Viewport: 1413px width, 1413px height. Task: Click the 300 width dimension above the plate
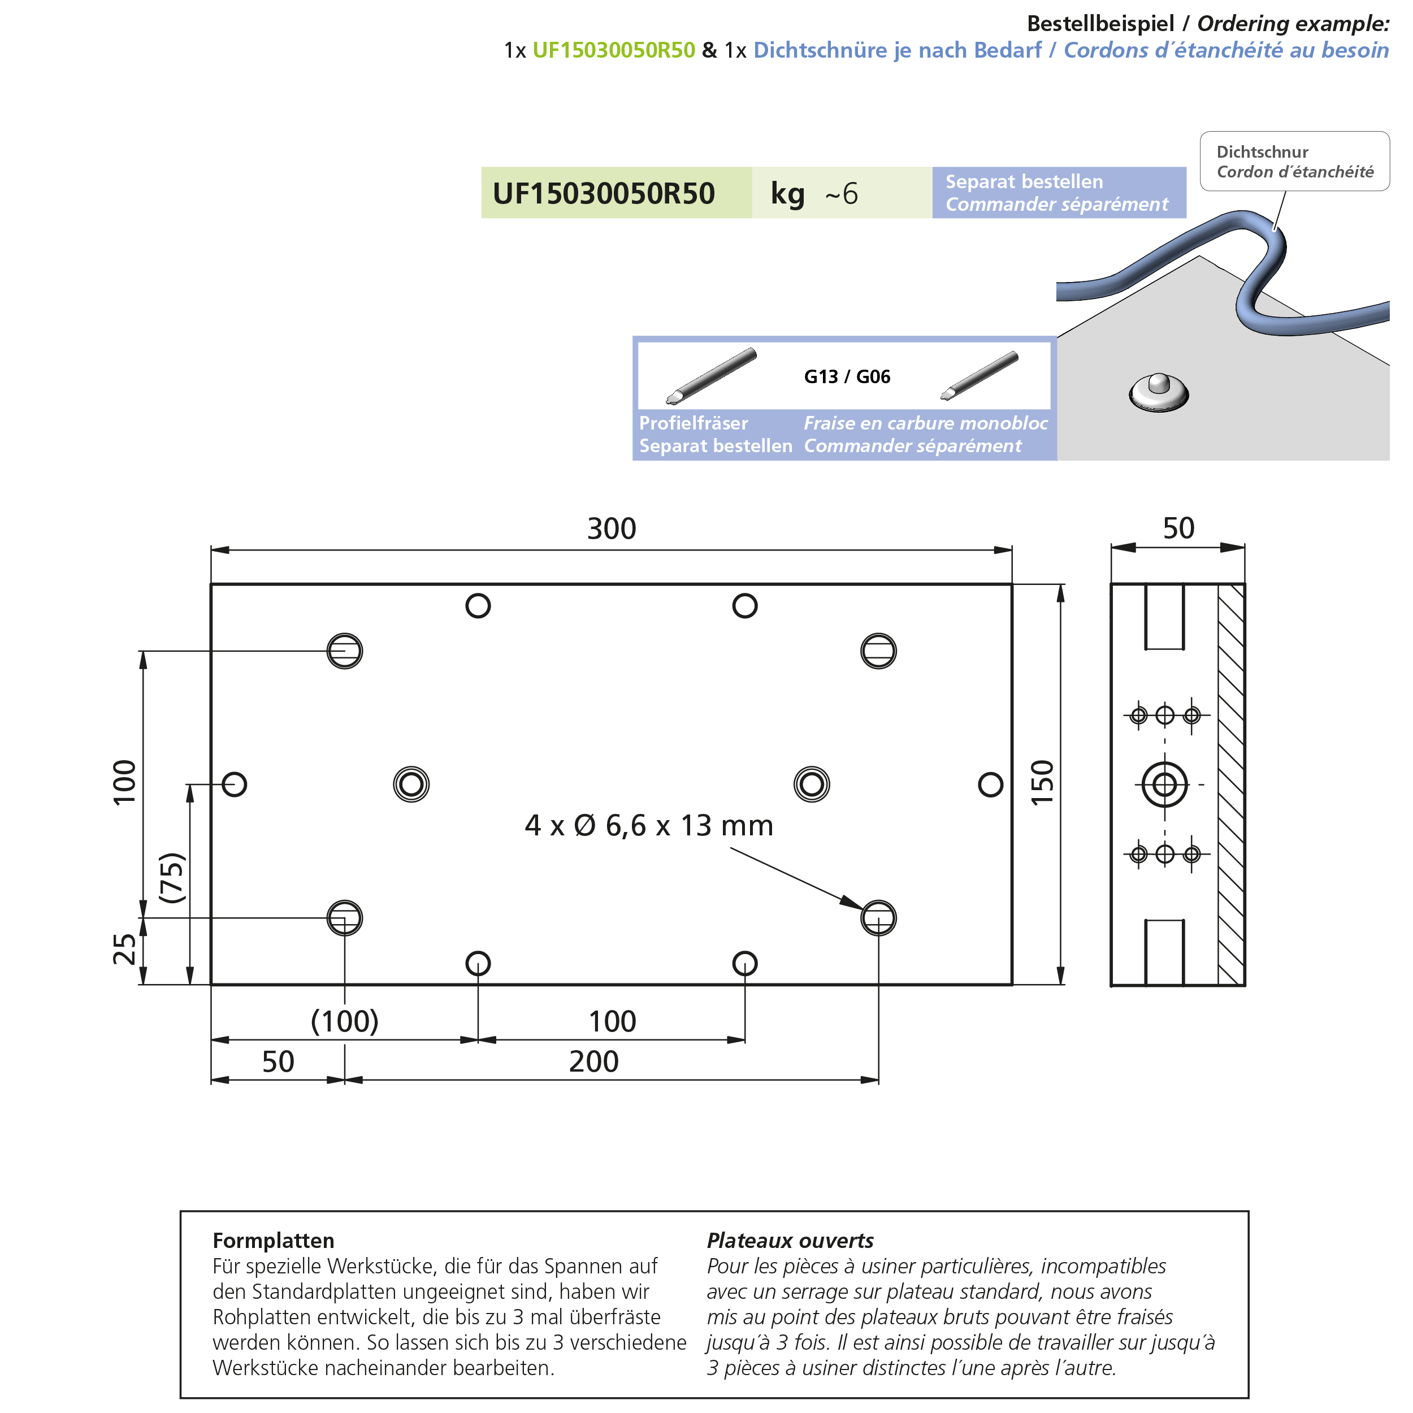coord(612,529)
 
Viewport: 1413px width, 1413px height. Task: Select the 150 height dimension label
coord(1042,783)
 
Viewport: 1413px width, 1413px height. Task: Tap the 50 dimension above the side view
coord(1178,528)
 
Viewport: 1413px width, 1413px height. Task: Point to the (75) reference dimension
coord(172,878)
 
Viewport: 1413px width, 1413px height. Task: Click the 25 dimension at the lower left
coord(124,950)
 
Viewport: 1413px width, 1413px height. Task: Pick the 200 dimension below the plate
coord(594,1062)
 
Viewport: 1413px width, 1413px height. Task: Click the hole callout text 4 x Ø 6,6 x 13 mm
coord(649,826)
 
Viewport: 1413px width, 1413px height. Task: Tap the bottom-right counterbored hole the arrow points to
coord(878,918)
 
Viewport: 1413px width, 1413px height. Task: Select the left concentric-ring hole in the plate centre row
coord(411,784)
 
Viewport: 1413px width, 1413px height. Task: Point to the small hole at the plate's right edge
coord(990,784)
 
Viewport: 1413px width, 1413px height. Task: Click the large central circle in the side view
coord(1164,784)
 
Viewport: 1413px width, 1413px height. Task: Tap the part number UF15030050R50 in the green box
coord(604,194)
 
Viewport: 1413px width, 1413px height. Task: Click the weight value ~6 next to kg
coord(841,194)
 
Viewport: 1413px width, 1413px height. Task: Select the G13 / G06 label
coord(847,376)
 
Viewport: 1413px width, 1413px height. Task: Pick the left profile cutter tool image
coord(711,376)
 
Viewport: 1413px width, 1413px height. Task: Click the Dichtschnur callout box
coord(1294,162)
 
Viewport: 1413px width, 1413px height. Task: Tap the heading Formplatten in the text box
coord(274,1241)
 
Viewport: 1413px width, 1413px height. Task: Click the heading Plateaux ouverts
coord(790,1241)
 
